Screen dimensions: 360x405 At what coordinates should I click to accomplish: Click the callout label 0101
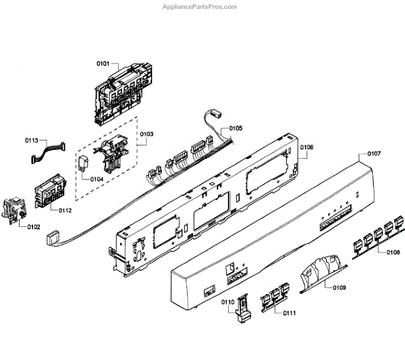[x=103, y=63]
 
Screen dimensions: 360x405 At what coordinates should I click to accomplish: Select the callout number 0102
[x=34, y=226]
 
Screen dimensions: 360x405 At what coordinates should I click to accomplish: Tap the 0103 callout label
[x=146, y=134]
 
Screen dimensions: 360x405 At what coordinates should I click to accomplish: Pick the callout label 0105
[x=236, y=128]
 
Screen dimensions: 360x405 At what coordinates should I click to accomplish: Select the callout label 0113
[x=31, y=140]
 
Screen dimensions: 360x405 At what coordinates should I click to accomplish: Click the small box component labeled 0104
[x=85, y=163]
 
